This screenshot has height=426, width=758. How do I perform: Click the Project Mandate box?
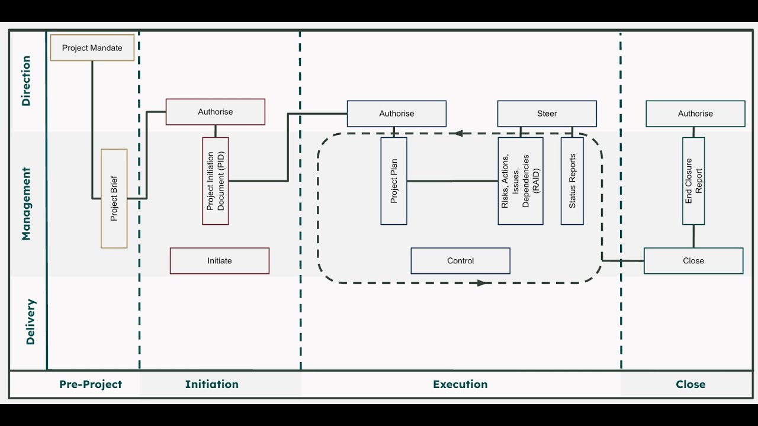(92, 48)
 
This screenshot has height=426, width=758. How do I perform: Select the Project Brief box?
(114, 198)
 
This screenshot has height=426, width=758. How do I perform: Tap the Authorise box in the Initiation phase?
(216, 112)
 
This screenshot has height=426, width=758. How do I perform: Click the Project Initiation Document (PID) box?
(216, 181)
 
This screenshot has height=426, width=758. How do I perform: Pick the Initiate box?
(220, 261)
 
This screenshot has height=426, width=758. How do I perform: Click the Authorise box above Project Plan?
(397, 114)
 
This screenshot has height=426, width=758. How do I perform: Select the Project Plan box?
(394, 181)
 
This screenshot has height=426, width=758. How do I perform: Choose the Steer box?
(547, 114)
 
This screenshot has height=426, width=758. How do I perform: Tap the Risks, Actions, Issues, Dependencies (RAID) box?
(521, 181)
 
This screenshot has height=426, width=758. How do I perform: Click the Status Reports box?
(572, 181)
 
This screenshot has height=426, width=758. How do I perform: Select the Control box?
(461, 261)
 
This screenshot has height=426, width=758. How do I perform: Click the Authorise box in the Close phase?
(695, 114)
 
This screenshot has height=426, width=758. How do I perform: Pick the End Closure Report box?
(693, 181)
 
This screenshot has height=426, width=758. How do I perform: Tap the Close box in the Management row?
(693, 261)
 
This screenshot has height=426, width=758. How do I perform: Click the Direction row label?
(26, 81)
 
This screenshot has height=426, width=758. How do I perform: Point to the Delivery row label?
(31, 322)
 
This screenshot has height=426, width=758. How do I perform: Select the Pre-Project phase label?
(91, 385)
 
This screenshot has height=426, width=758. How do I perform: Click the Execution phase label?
(460, 385)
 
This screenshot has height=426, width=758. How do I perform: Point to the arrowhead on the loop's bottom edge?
(481, 283)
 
